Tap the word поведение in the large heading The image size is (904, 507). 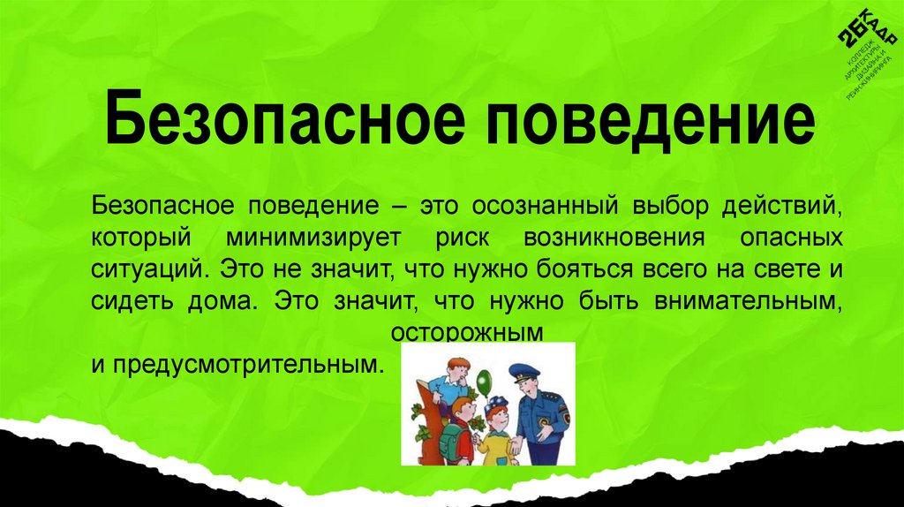(x=648, y=122)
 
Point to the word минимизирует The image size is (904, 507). (x=313, y=238)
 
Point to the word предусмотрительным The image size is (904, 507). (x=240, y=363)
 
